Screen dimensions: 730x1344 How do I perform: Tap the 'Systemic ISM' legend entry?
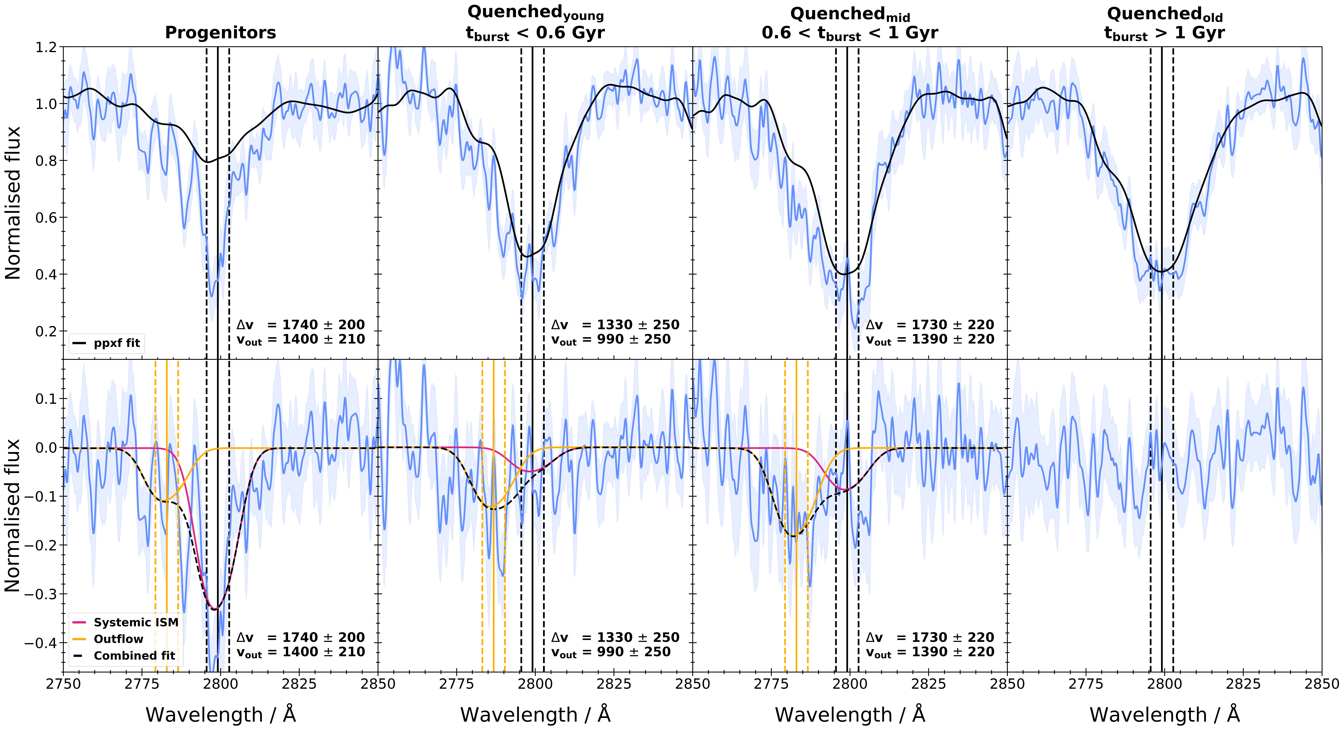tap(136, 623)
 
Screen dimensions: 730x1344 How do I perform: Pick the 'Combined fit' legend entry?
tap(134, 656)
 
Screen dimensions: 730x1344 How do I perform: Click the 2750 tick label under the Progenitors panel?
tap(63, 684)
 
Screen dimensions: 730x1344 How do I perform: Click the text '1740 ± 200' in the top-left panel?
tap(323, 325)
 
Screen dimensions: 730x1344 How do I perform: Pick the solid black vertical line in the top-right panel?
tap(1162, 156)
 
